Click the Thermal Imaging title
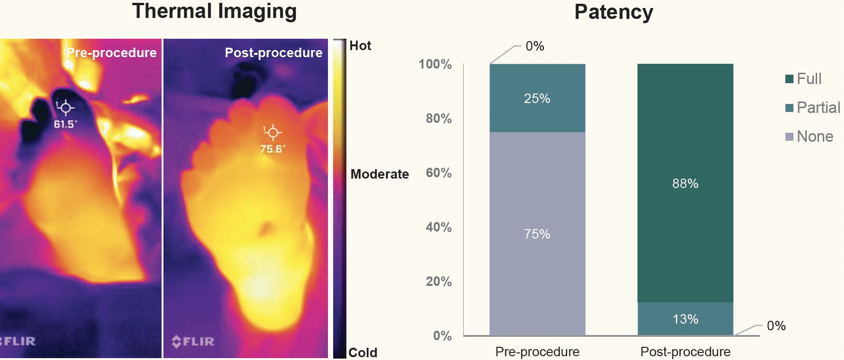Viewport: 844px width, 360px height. pyautogui.click(x=214, y=11)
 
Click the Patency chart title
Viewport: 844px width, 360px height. pyautogui.click(x=613, y=12)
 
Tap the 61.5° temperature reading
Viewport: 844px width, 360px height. pyautogui.click(x=65, y=124)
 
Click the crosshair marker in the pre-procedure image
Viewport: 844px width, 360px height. pyautogui.click(x=65, y=108)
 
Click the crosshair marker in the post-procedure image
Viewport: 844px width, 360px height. pyautogui.click(x=272, y=132)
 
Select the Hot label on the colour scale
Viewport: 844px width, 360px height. pyautogui.click(x=360, y=46)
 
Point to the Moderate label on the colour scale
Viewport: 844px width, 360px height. pyautogui.click(x=379, y=174)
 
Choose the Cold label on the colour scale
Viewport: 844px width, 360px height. pyautogui.click(x=362, y=352)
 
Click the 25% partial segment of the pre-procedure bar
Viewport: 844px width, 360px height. pyautogui.click(x=537, y=98)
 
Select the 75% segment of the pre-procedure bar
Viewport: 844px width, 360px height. pyautogui.click(x=537, y=234)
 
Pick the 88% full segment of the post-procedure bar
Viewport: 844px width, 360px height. pyautogui.click(x=685, y=183)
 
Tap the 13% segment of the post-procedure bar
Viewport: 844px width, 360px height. pyautogui.click(x=685, y=319)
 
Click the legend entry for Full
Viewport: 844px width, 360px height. pyautogui.click(x=803, y=79)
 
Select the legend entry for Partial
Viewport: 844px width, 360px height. pyautogui.click(x=812, y=108)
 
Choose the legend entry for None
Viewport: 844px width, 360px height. pyautogui.click(x=809, y=137)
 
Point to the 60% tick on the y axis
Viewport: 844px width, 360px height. pyautogui.click(x=439, y=173)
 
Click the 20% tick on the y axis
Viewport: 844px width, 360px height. pyautogui.click(x=439, y=282)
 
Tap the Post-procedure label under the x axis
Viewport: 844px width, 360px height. pyautogui.click(x=685, y=352)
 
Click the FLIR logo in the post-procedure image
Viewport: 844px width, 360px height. pyautogui.click(x=193, y=341)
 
